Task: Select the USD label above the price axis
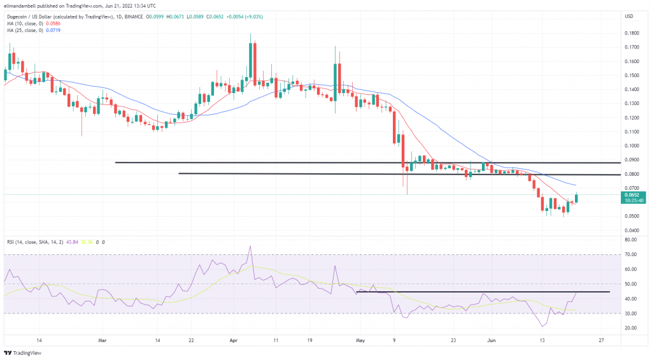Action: (629, 16)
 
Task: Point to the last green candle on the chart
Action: (577, 198)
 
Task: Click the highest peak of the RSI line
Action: (250, 247)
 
